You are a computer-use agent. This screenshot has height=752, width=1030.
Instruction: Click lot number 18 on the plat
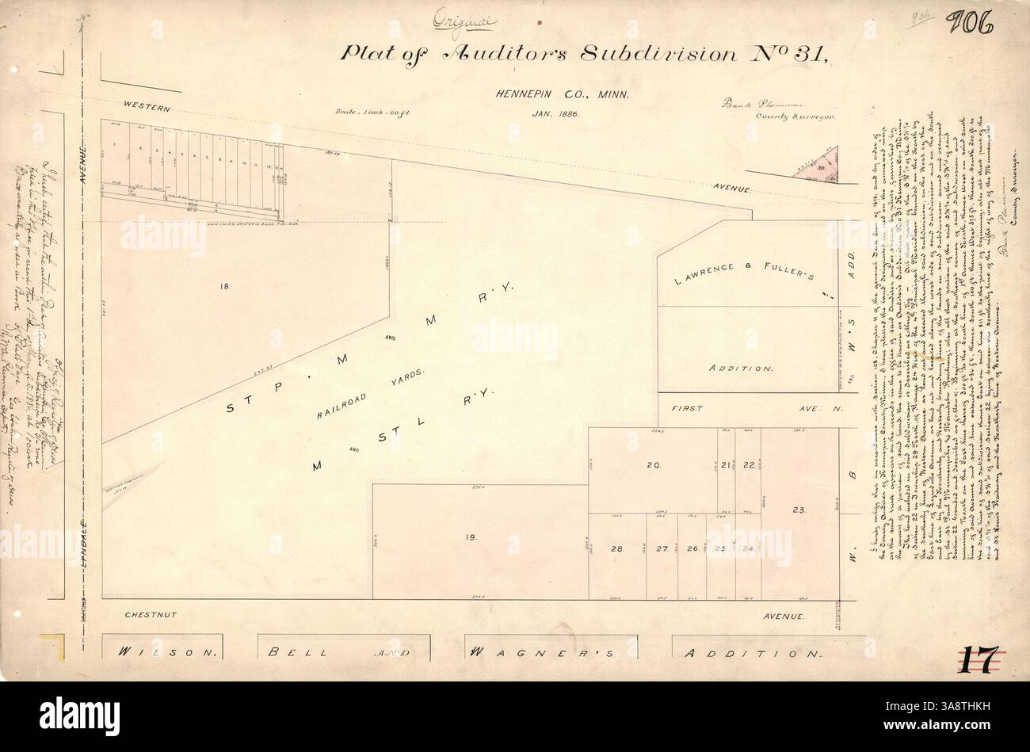[224, 287]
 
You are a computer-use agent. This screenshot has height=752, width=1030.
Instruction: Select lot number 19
[471, 537]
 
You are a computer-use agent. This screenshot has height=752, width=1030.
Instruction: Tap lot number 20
[653, 465]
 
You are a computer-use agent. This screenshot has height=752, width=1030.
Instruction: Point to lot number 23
[798, 511]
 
